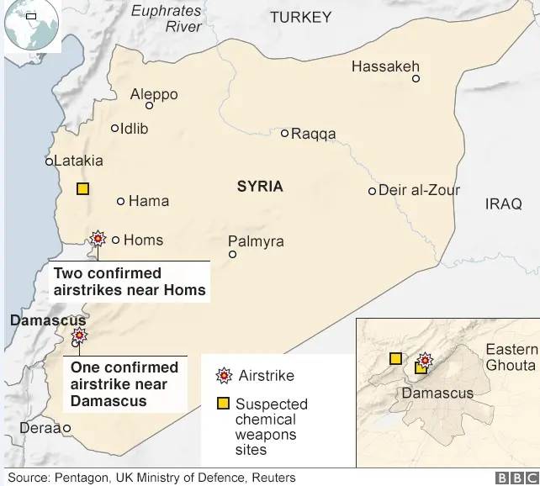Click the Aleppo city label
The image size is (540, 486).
pos(154,94)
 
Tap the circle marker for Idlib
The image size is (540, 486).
pos(115,129)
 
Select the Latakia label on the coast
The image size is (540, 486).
pos(78,161)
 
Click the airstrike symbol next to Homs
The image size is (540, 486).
pos(98,240)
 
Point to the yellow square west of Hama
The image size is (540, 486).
pos(82,189)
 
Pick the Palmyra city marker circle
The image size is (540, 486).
pos(233,254)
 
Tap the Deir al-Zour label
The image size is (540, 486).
pos(420,190)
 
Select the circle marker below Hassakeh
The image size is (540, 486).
pos(416,79)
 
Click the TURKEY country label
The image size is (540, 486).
pos(300,17)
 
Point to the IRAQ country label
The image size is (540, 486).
pos(503,203)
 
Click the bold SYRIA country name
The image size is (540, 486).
pos(260,187)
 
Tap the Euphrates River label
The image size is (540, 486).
pos(167,18)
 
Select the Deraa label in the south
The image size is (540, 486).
pos(40,428)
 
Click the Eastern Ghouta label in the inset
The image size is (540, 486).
pos(511,357)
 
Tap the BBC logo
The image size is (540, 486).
pos(514,478)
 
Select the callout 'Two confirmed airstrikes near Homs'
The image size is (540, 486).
pos(130,282)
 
